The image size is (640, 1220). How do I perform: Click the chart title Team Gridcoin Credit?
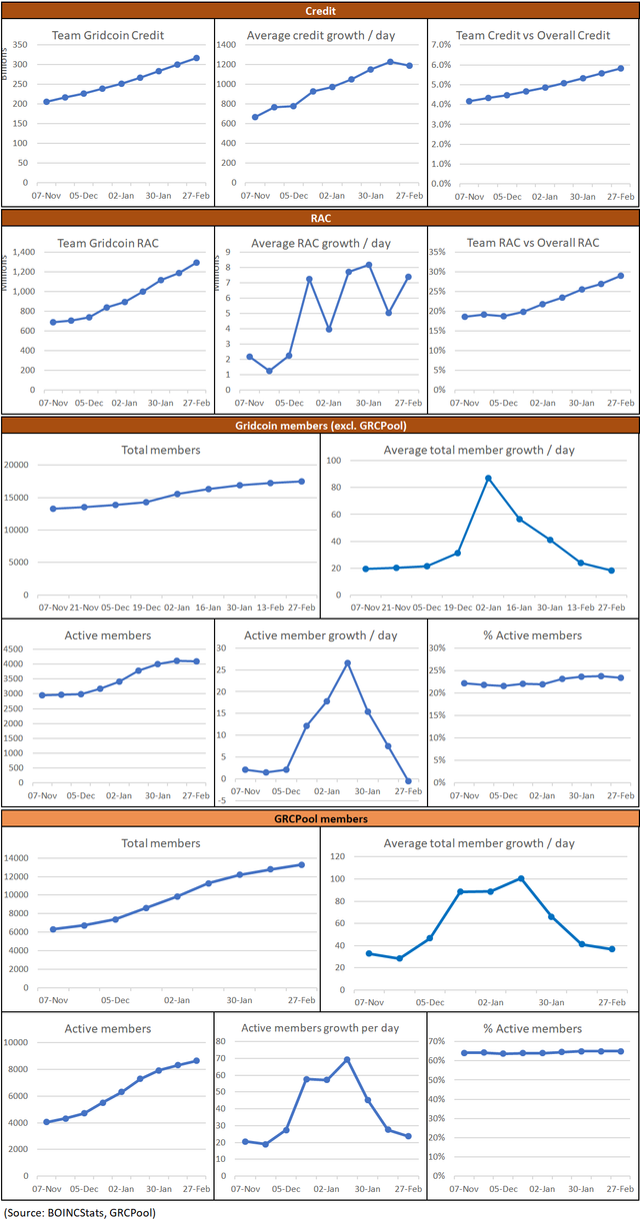point(107,35)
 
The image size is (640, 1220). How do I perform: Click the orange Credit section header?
point(320,10)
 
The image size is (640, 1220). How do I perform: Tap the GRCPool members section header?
point(320,818)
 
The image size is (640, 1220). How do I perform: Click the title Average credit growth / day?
point(321,35)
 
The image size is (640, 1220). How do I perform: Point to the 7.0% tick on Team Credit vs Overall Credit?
point(442,45)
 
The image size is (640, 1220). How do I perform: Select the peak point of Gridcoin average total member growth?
point(487,479)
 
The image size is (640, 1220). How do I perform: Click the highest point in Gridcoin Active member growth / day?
point(347,662)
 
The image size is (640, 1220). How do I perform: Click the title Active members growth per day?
point(321,1028)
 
